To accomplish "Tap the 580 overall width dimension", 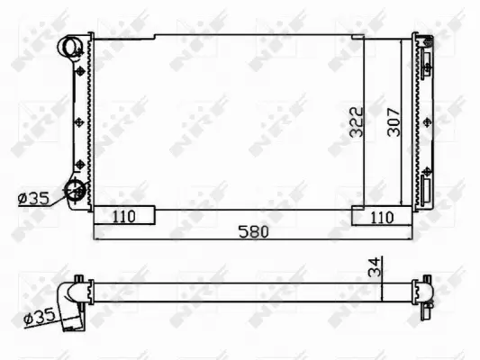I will pos(253,231).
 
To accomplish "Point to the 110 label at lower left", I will pos(124,216).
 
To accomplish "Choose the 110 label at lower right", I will pos(382,216).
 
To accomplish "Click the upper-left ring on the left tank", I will pos(70,47).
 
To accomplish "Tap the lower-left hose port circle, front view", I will pos(73,191).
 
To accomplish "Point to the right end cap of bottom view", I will pos(424,291).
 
